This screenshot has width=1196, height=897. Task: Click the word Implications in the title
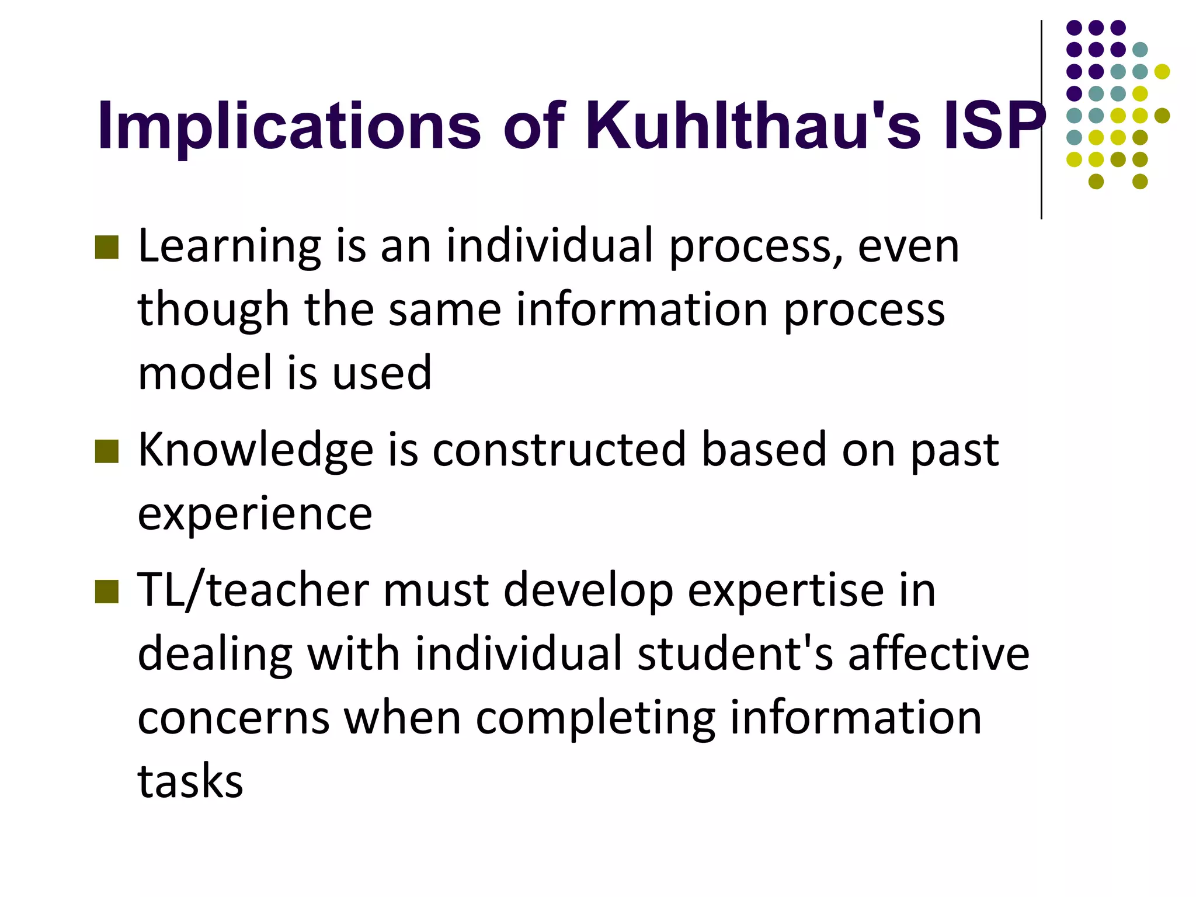[289, 127]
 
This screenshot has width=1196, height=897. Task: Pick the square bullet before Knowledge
[107, 451]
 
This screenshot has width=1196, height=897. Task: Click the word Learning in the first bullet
[230, 247]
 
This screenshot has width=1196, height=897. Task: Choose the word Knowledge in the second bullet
[256, 451]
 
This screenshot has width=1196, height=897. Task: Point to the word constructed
[559, 450]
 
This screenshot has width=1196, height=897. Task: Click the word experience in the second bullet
[255, 514]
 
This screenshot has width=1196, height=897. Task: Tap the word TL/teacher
[253, 591]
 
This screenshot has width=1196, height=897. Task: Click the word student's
[735, 654]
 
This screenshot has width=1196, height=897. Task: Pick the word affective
[938, 654]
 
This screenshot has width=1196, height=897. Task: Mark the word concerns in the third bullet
[234, 718]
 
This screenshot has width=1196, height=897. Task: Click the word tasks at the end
[190, 781]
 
